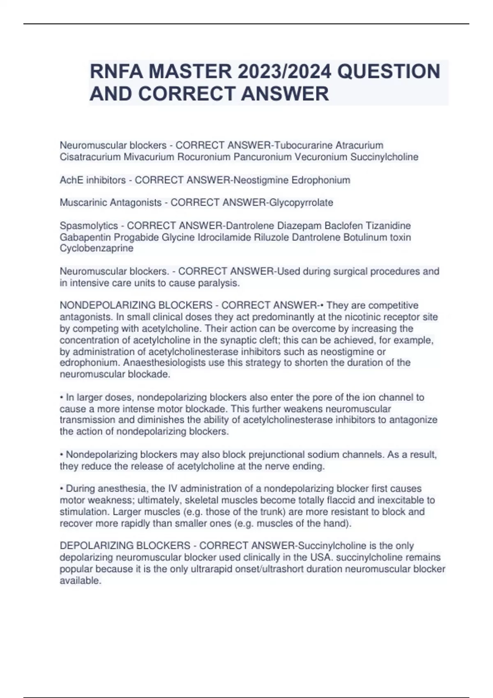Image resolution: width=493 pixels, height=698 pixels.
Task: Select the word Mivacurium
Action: tap(149, 157)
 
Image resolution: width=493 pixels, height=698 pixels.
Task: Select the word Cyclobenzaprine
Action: tap(97, 248)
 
